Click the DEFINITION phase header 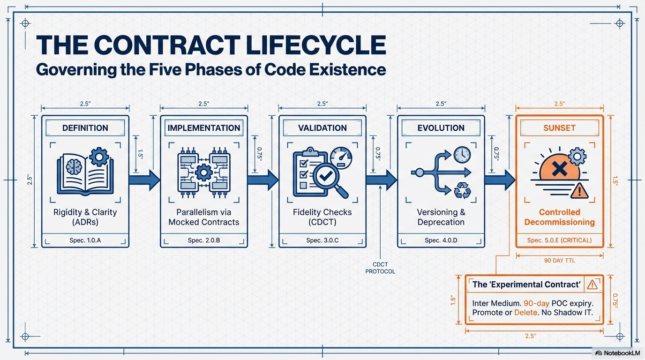85,128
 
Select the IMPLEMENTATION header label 204,128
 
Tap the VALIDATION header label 322,128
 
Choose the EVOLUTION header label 441,128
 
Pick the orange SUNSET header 559,128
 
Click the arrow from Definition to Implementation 144,180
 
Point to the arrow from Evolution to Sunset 500,180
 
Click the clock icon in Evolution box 462,154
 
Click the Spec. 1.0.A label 85,240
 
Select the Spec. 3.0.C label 322,240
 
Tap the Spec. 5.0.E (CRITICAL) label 559,240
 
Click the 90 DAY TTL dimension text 559,261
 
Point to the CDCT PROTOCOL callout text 380,268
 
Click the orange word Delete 525,313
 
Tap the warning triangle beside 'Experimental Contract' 592,285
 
